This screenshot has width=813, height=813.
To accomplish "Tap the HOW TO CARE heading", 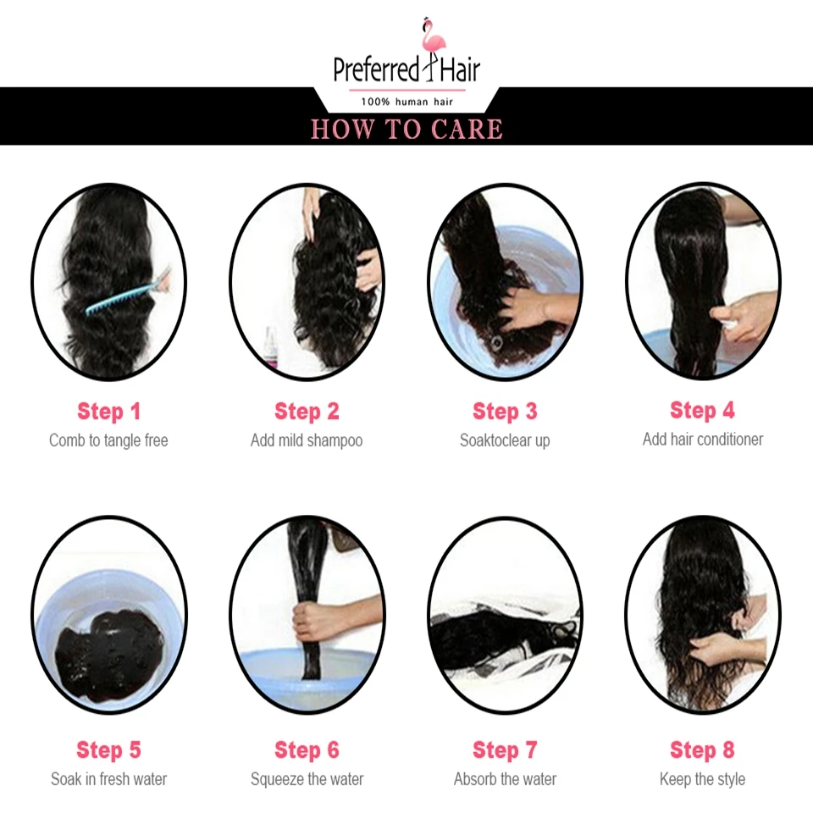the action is (x=406, y=129).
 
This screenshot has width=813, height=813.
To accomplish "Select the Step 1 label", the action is (x=109, y=412).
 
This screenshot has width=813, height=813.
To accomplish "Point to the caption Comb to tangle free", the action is (x=108, y=440).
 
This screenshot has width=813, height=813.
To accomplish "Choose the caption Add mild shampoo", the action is (x=307, y=440).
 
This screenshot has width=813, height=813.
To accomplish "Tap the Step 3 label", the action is (x=505, y=412).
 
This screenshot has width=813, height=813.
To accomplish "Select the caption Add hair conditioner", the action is (x=703, y=440).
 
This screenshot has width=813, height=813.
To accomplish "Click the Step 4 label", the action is (x=703, y=410).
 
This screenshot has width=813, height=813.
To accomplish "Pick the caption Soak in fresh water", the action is (x=109, y=779).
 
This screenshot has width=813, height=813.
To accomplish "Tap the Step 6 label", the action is (x=307, y=749).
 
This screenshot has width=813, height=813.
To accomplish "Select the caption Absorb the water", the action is (x=505, y=779).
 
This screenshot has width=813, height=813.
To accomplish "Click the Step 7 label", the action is (x=505, y=749).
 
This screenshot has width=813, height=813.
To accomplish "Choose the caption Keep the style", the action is (x=703, y=779).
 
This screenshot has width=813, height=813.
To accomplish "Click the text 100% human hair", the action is (x=407, y=102).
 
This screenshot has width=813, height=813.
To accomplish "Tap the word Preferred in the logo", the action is (x=376, y=70).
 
